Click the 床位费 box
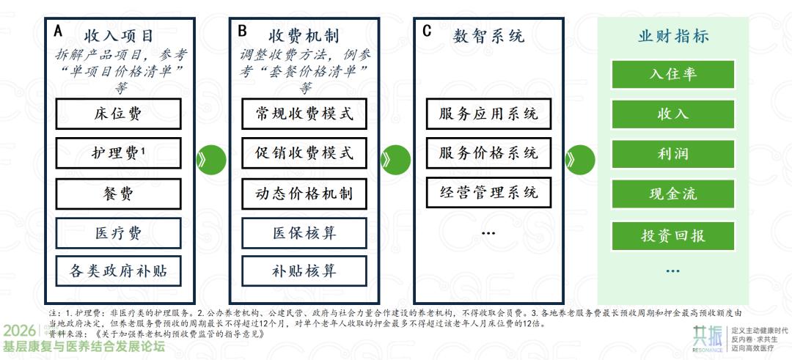click(118, 114)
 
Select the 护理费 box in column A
click(118, 153)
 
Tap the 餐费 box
click(118, 194)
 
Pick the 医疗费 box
click(118, 233)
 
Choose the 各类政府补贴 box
click(118, 271)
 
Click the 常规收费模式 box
click(304, 114)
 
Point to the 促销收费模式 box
click(304, 153)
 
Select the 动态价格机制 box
click(304, 194)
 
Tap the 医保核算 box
click(304, 233)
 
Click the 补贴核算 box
click(304, 271)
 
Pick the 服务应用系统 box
click(488, 114)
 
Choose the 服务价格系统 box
click(488, 153)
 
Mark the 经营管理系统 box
click(488, 192)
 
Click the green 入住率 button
click(672, 74)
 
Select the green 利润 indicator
click(672, 155)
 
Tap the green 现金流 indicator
click(672, 194)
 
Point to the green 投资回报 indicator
click(672, 235)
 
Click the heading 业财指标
click(672, 36)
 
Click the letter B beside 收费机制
click(242, 32)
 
